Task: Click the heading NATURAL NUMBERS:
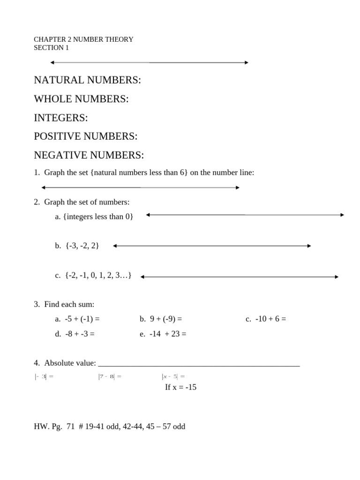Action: pos(87,80)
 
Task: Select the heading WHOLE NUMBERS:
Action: pos(81,99)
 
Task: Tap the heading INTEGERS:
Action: pos(61,118)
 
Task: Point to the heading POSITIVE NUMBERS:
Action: pos(86,136)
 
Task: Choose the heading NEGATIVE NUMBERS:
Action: pos(89,155)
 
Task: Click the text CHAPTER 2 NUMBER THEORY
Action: pos(83,39)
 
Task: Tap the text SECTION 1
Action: pos(51,48)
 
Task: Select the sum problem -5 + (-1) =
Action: pos(77,319)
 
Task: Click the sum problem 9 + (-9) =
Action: pos(161,319)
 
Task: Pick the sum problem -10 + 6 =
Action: pos(266,319)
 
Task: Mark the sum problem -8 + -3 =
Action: pos(75,334)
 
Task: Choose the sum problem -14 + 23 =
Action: pos(163,334)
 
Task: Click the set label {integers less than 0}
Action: pos(94,216)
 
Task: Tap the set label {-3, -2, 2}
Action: pos(77,246)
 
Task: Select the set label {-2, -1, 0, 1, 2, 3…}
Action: pos(93,275)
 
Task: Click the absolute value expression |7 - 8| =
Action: pos(110,376)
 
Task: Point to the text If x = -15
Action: pos(180,387)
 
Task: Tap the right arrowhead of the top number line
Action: pos(246,62)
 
